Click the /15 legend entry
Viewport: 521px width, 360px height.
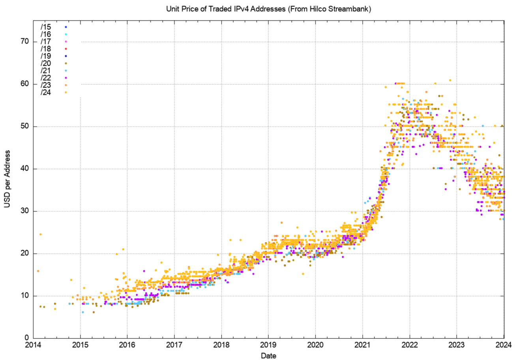[x=46, y=27]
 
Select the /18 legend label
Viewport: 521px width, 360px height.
[x=46, y=49]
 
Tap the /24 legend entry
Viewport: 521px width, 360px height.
[x=46, y=93]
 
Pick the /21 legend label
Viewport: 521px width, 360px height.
[x=46, y=71]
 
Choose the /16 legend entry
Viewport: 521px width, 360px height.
[x=46, y=34]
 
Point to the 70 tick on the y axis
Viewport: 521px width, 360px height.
[x=25, y=42]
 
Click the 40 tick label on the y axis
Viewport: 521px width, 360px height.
[x=25, y=169]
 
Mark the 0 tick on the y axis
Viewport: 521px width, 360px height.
[x=27, y=338]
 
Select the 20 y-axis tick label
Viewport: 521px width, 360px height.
[x=25, y=253]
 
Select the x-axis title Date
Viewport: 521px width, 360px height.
[x=268, y=356]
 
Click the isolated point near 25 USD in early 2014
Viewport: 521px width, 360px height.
[x=40, y=234]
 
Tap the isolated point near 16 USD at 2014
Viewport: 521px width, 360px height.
[x=38, y=271]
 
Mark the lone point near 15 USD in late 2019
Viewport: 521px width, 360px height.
[x=303, y=274]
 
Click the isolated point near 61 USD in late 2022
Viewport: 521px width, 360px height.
[x=450, y=81]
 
